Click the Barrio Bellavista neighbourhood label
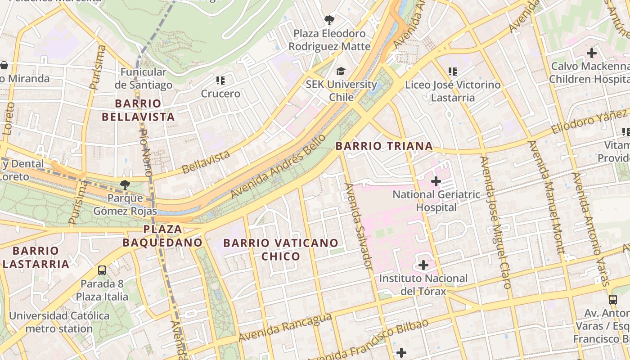click(x=138, y=110)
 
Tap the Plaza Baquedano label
click(x=162, y=236)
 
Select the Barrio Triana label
click(x=384, y=146)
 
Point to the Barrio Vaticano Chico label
click(x=281, y=249)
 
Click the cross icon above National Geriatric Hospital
click(x=436, y=181)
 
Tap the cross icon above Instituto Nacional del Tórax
click(x=423, y=265)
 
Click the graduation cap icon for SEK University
click(x=341, y=72)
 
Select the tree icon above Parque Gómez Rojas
click(x=125, y=184)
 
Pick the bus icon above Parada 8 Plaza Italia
click(x=102, y=270)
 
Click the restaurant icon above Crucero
click(x=220, y=81)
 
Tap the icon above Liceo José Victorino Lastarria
click(x=453, y=72)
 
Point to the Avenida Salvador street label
click(x=359, y=226)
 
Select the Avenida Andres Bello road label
click(x=278, y=166)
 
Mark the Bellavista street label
click(x=206, y=162)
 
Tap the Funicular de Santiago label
click(x=143, y=78)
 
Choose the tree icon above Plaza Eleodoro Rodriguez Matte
click(x=329, y=20)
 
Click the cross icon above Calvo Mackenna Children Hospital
click(x=591, y=53)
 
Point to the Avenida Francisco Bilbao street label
click(x=369, y=340)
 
